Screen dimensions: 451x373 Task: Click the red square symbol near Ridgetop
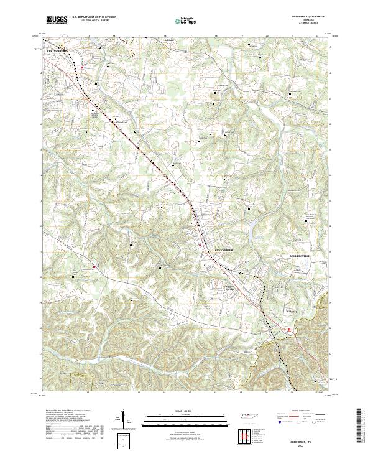tap(288, 330)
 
